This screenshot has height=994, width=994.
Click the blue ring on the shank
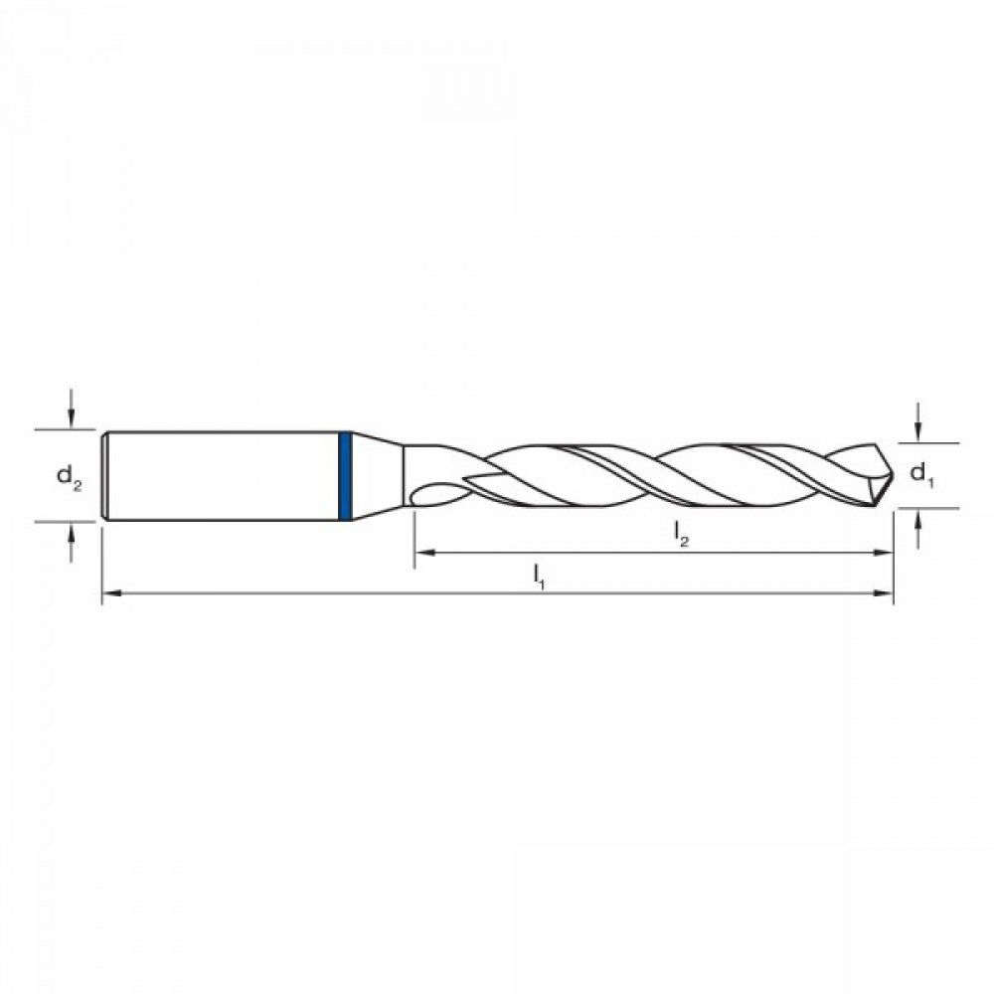[345, 476]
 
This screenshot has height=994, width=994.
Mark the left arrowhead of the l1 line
[111, 593]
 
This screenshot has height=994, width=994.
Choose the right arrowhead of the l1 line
[885, 593]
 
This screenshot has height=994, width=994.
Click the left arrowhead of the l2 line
[423, 552]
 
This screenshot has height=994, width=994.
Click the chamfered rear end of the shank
[105, 476]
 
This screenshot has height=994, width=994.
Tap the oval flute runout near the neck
[435, 493]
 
